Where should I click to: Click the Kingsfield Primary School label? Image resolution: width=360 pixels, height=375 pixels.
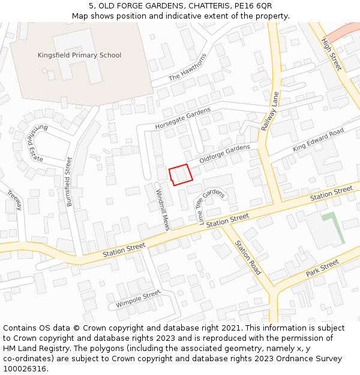click(x=79, y=55)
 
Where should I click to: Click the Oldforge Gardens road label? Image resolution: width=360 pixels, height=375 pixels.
click(x=224, y=153)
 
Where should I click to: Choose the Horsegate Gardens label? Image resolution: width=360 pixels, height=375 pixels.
click(x=183, y=119)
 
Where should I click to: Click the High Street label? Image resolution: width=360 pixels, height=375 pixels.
click(x=332, y=55)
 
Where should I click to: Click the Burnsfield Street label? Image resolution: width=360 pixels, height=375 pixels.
click(x=70, y=182)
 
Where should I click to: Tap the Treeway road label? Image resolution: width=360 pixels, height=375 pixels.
click(x=14, y=200)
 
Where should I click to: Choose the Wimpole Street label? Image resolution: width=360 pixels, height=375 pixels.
click(x=139, y=298)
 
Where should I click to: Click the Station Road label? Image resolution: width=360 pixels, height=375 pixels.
click(x=248, y=258)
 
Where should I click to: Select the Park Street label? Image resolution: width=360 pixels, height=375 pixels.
click(x=322, y=267)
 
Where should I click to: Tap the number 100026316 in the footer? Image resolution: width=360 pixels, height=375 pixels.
click(x=26, y=369)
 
